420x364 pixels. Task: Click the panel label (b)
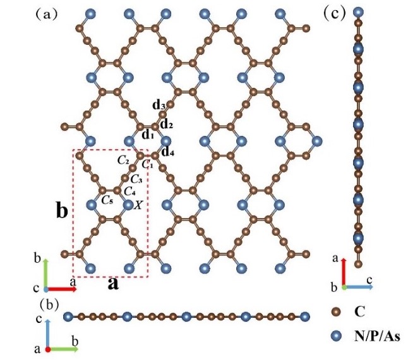[50, 303]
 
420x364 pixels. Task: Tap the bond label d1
[147, 135]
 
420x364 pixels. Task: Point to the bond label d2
[166, 124]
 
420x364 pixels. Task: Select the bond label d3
[159, 105]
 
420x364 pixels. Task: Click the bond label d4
[167, 152]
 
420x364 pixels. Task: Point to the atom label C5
[108, 200]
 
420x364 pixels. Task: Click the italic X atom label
[138, 204]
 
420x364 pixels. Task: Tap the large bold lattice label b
[62, 210]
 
